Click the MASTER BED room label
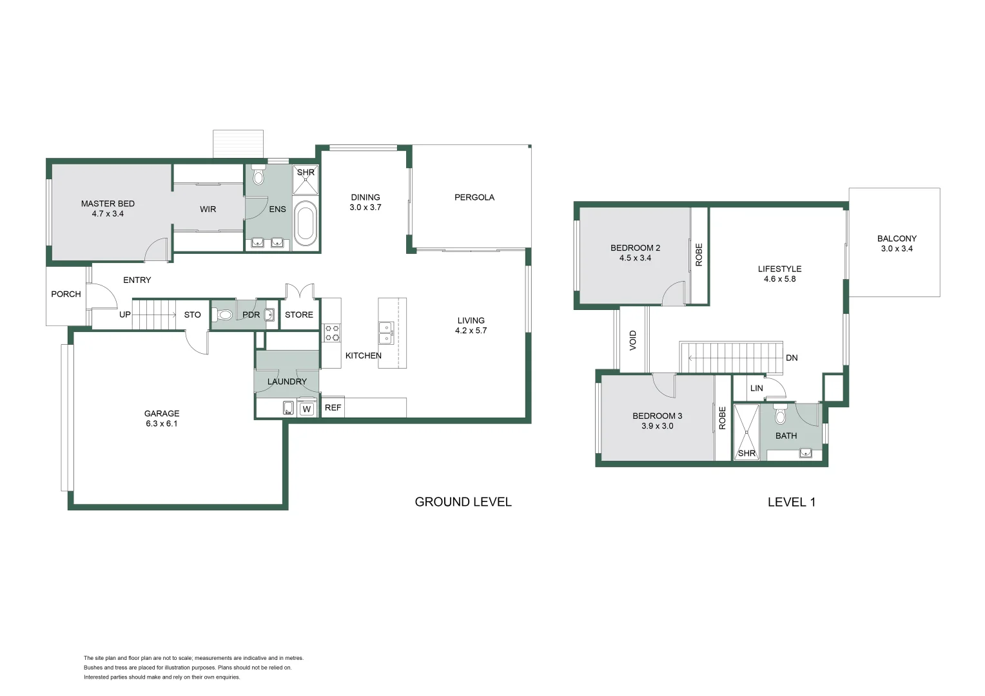(x=108, y=204)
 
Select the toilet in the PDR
(x=224, y=315)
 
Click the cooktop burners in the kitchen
(x=332, y=333)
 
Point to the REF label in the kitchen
(x=333, y=408)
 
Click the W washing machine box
(x=307, y=409)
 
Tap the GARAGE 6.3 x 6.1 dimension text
(x=162, y=423)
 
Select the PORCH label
(x=66, y=294)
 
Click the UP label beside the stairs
(x=125, y=314)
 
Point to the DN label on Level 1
(x=792, y=358)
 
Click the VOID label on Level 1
(x=632, y=340)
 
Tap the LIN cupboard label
(x=757, y=388)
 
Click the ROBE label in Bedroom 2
(x=699, y=255)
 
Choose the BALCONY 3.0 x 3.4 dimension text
(x=897, y=249)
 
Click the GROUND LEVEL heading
(x=463, y=502)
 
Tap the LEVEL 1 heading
(x=791, y=502)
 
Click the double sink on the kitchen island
(x=385, y=333)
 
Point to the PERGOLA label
(x=474, y=197)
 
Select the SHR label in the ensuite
(x=306, y=173)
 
